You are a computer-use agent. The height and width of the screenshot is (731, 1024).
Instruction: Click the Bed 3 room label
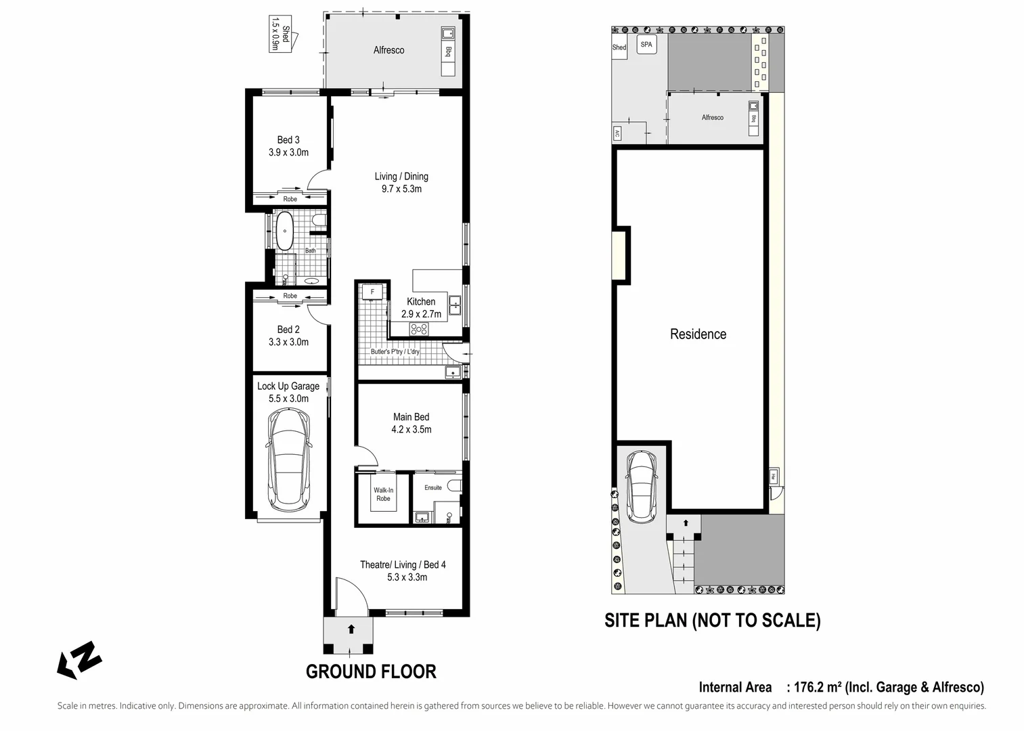(x=288, y=140)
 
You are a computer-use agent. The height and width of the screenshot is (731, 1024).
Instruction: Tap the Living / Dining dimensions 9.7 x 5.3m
(x=401, y=189)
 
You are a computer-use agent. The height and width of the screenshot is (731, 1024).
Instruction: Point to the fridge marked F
(x=372, y=292)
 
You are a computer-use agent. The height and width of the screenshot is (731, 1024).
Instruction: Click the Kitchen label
(x=421, y=302)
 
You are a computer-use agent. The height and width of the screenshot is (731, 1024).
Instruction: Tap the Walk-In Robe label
(x=383, y=494)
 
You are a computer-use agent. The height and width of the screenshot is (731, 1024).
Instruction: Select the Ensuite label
(x=433, y=487)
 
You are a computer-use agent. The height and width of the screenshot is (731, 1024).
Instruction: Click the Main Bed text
(x=411, y=417)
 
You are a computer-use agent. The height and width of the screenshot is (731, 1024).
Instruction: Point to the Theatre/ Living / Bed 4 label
(x=403, y=564)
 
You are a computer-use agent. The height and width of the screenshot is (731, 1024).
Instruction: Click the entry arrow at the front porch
(x=351, y=629)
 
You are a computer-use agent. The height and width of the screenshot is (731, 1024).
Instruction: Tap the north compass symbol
(x=79, y=659)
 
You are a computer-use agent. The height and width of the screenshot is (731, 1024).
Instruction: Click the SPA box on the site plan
(x=646, y=45)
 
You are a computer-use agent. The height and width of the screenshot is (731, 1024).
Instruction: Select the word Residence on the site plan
(x=698, y=334)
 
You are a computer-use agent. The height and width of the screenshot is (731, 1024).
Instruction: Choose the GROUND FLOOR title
(x=371, y=671)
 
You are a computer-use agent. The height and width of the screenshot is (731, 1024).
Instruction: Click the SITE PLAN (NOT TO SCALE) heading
(x=712, y=620)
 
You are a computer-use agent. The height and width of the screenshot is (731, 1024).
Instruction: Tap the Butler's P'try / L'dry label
(x=395, y=352)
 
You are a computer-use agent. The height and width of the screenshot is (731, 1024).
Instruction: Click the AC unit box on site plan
(x=617, y=133)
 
